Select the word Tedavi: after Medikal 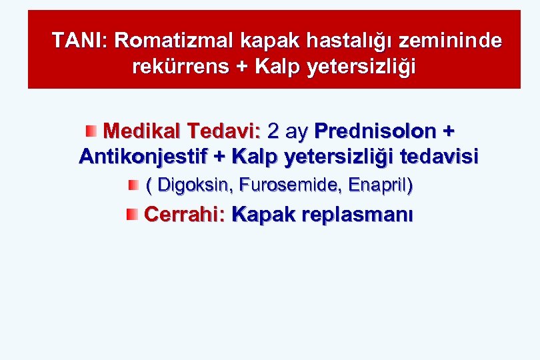[x=224, y=129]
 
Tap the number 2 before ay [x=274, y=129]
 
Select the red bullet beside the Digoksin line [x=133, y=184]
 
